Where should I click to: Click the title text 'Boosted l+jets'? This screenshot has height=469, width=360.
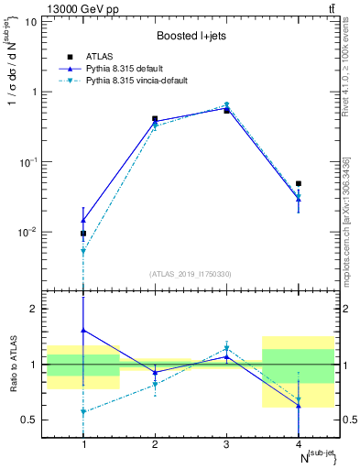point(191,36)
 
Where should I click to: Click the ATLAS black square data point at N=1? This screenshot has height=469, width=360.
point(83,234)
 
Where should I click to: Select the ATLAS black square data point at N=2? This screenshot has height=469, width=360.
point(155,119)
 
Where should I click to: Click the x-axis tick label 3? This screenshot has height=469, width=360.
point(226,444)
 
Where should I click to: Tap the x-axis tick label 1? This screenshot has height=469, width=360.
point(83,444)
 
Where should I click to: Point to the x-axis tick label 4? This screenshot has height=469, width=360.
point(298,444)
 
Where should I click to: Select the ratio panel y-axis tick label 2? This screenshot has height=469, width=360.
point(39,309)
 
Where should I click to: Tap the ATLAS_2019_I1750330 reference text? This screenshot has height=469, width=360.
point(191,274)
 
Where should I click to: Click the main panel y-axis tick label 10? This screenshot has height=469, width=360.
point(36,21)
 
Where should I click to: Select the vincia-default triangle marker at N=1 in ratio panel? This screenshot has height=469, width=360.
point(83,412)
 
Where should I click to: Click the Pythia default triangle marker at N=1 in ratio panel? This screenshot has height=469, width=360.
point(83,330)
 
